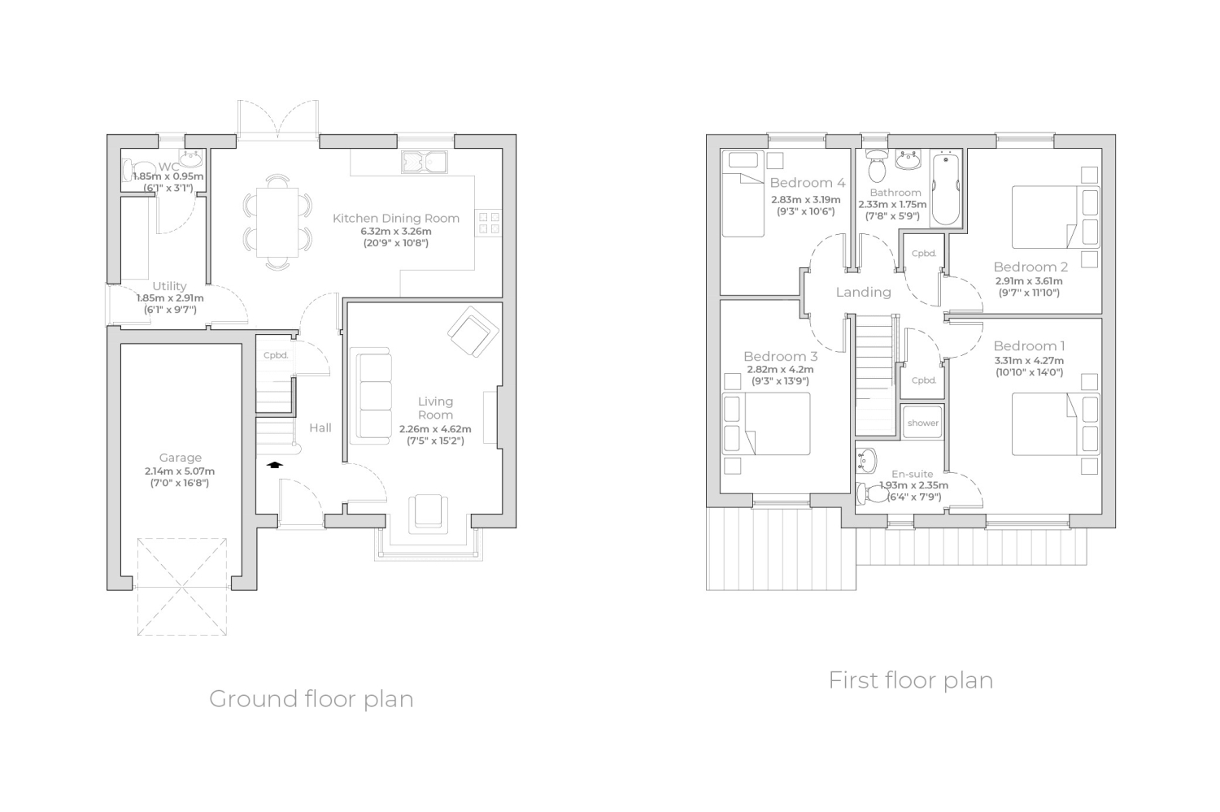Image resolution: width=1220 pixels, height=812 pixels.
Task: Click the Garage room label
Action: click(181, 458)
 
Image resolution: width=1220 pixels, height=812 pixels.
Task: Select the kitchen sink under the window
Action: click(425, 162)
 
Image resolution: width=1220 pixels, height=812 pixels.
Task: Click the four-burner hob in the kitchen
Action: click(489, 224)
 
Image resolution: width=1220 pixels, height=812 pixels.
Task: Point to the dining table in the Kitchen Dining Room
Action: click(278, 222)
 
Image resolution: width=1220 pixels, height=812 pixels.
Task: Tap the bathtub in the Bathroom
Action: click(945, 189)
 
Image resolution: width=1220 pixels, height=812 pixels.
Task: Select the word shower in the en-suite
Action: click(922, 423)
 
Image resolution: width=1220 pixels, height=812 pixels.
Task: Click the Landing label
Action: click(863, 293)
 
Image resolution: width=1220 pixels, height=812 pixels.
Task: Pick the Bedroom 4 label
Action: click(808, 182)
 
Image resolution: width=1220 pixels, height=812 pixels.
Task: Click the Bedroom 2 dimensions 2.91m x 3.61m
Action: click(1029, 281)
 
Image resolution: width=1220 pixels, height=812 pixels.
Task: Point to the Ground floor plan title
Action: click(312, 699)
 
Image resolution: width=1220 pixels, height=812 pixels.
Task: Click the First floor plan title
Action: click(911, 680)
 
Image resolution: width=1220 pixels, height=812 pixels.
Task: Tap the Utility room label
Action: click(169, 286)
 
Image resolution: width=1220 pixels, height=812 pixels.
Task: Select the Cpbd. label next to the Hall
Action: click(276, 355)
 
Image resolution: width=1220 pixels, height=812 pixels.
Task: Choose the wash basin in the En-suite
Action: click(866, 460)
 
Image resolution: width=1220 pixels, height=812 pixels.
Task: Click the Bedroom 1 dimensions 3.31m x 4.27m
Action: click(1029, 361)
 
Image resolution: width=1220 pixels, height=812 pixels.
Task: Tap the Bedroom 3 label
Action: click(781, 357)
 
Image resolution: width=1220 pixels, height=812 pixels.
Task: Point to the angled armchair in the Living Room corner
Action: click(473, 332)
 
